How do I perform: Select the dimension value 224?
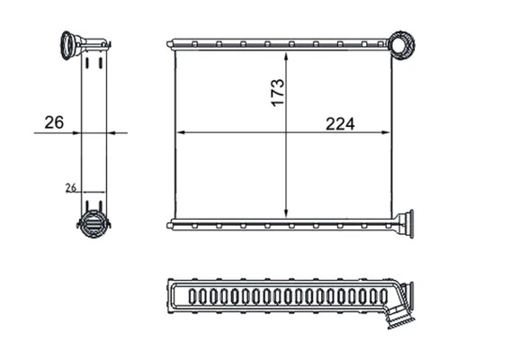pyautogui.click(x=340, y=124)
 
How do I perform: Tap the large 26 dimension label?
pyautogui.click(x=53, y=123)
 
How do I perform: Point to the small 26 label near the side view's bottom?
pyautogui.click(x=71, y=187)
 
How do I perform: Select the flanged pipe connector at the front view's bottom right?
pyautogui.click(x=404, y=222)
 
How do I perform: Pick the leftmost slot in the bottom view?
pyautogui.click(x=192, y=295)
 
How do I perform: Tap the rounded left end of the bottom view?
pyautogui.click(x=172, y=295)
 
